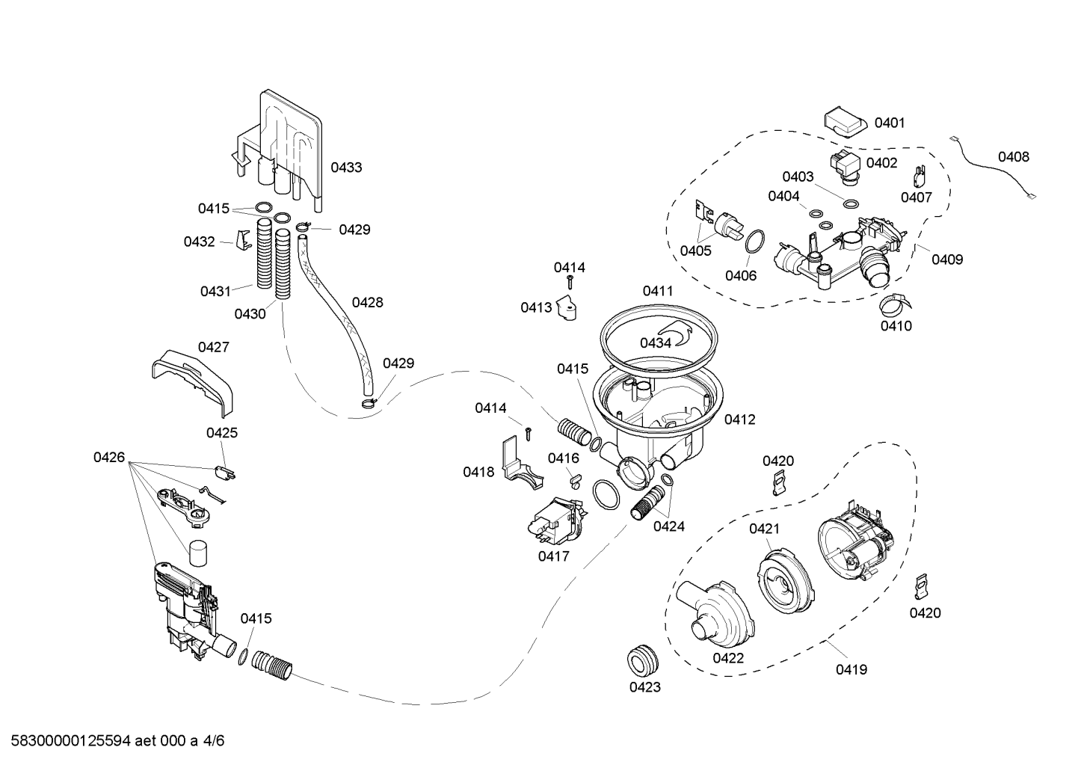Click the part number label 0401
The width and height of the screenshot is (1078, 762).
pyautogui.click(x=890, y=123)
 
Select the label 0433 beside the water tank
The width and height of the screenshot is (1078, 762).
pyautogui.click(x=346, y=168)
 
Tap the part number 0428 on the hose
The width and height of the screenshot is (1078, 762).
pyautogui.click(x=367, y=302)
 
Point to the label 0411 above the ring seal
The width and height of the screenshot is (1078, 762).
pyautogui.click(x=658, y=291)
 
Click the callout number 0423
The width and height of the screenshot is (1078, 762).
pyautogui.click(x=645, y=687)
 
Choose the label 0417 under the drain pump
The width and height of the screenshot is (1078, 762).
pyautogui.click(x=553, y=556)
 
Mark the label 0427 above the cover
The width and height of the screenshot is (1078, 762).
pyautogui.click(x=213, y=347)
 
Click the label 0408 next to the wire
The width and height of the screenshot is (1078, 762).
pyautogui.click(x=1014, y=157)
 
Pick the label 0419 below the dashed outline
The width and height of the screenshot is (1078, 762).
pyautogui.click(x=851, y=669)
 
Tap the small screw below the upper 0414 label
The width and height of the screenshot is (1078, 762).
pyautogui.click(x=570, y=282)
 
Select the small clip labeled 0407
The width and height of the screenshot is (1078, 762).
pyautogui.click(x=919, y=176)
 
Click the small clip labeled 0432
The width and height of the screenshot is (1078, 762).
pyautogui.click(x=244, y=240)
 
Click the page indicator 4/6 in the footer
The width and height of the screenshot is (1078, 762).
pyautogui.click(x=214, y=740)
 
